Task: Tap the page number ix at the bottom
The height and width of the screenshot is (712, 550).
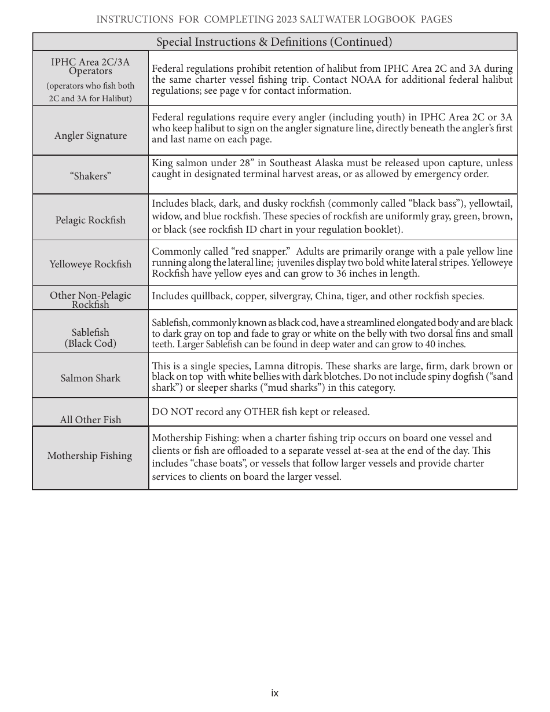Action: tap(274, 693)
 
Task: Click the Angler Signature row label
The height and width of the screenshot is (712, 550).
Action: tap(90, 136)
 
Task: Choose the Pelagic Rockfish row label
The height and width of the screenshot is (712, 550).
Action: tap(90, 221)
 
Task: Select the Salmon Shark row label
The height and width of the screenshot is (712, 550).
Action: tap(90, 379)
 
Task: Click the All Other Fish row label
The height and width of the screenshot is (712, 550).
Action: tap(90, 420)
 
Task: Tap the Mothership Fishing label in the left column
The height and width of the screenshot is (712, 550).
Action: tap(90, 456)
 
